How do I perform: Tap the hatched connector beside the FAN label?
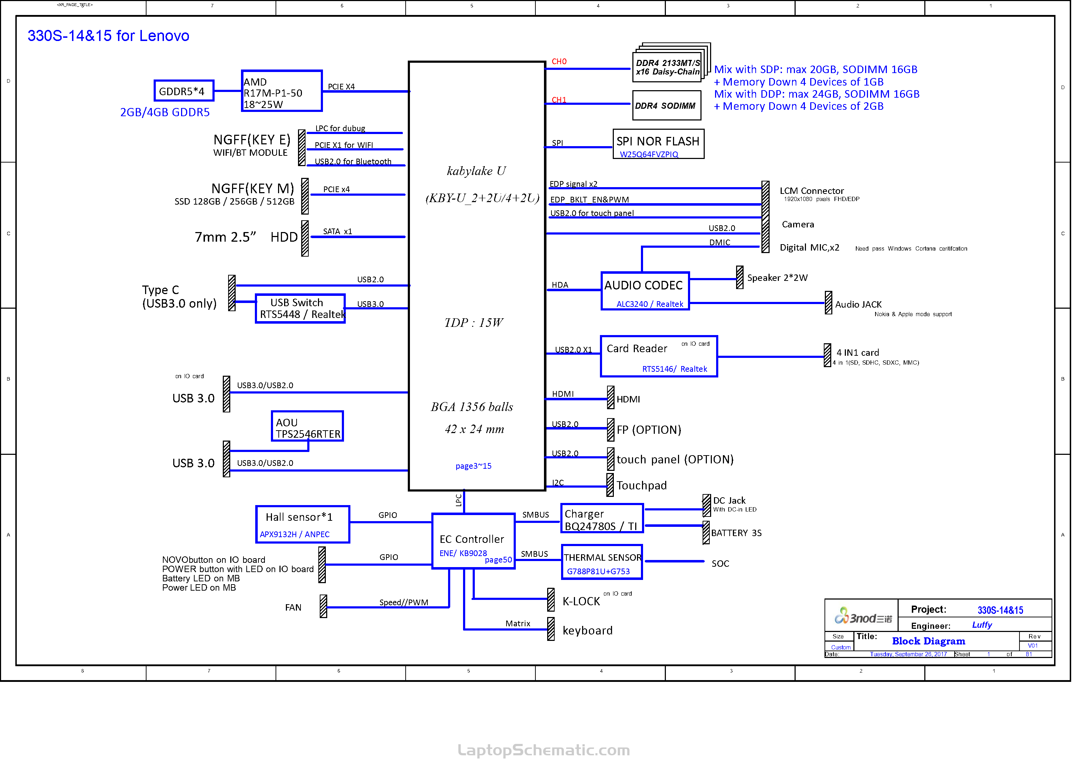tap(327, 613)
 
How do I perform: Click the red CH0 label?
tap(566, 62)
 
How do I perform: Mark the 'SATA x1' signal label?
tap(341, 234)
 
